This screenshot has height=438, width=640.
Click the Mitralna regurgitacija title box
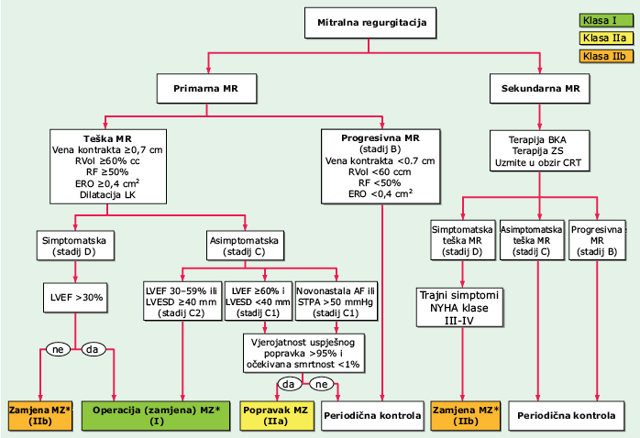[370, 23]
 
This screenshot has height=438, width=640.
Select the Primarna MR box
[206, 89]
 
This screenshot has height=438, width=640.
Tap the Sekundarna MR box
[539, 89]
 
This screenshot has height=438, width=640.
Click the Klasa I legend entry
[606, 20]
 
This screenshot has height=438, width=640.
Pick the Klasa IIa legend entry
[606, 38]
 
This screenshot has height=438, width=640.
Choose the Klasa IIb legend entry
[606, 56]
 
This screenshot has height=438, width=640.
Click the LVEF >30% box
[75, 298]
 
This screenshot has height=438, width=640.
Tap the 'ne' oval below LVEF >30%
[58, 349]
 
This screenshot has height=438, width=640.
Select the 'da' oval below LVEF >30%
[93, 349]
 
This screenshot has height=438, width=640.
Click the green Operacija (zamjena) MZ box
[156, 416]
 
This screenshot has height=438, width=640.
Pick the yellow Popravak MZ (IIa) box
[277, 416]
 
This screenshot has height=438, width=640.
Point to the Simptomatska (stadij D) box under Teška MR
[75, 246]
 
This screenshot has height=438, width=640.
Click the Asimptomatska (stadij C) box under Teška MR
[245, 246]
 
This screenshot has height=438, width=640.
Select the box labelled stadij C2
[182, 301]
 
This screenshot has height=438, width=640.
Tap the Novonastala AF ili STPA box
[336, 301]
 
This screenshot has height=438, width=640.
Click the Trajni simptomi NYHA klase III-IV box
[459, 308]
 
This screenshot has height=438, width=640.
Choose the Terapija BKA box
[539, 151]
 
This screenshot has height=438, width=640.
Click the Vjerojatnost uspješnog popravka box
[303, 353]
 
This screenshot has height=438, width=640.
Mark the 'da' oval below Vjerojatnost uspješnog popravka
[289, 384]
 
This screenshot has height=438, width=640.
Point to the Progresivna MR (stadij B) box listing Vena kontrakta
[381, 167]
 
